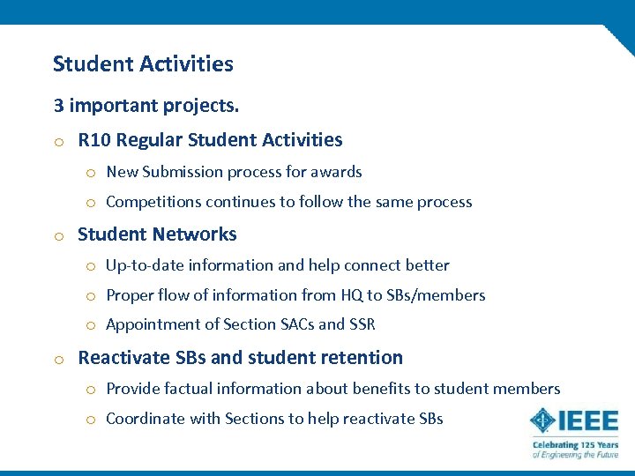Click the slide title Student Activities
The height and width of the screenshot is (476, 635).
[x=143, y=64]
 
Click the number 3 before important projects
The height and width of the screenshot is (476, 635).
[x=58, y=106]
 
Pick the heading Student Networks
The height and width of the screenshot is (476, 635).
[x=157, y=234]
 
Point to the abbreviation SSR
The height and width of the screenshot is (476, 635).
[x=362, y=324]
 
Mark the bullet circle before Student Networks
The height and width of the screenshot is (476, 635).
[x=57, y=235]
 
